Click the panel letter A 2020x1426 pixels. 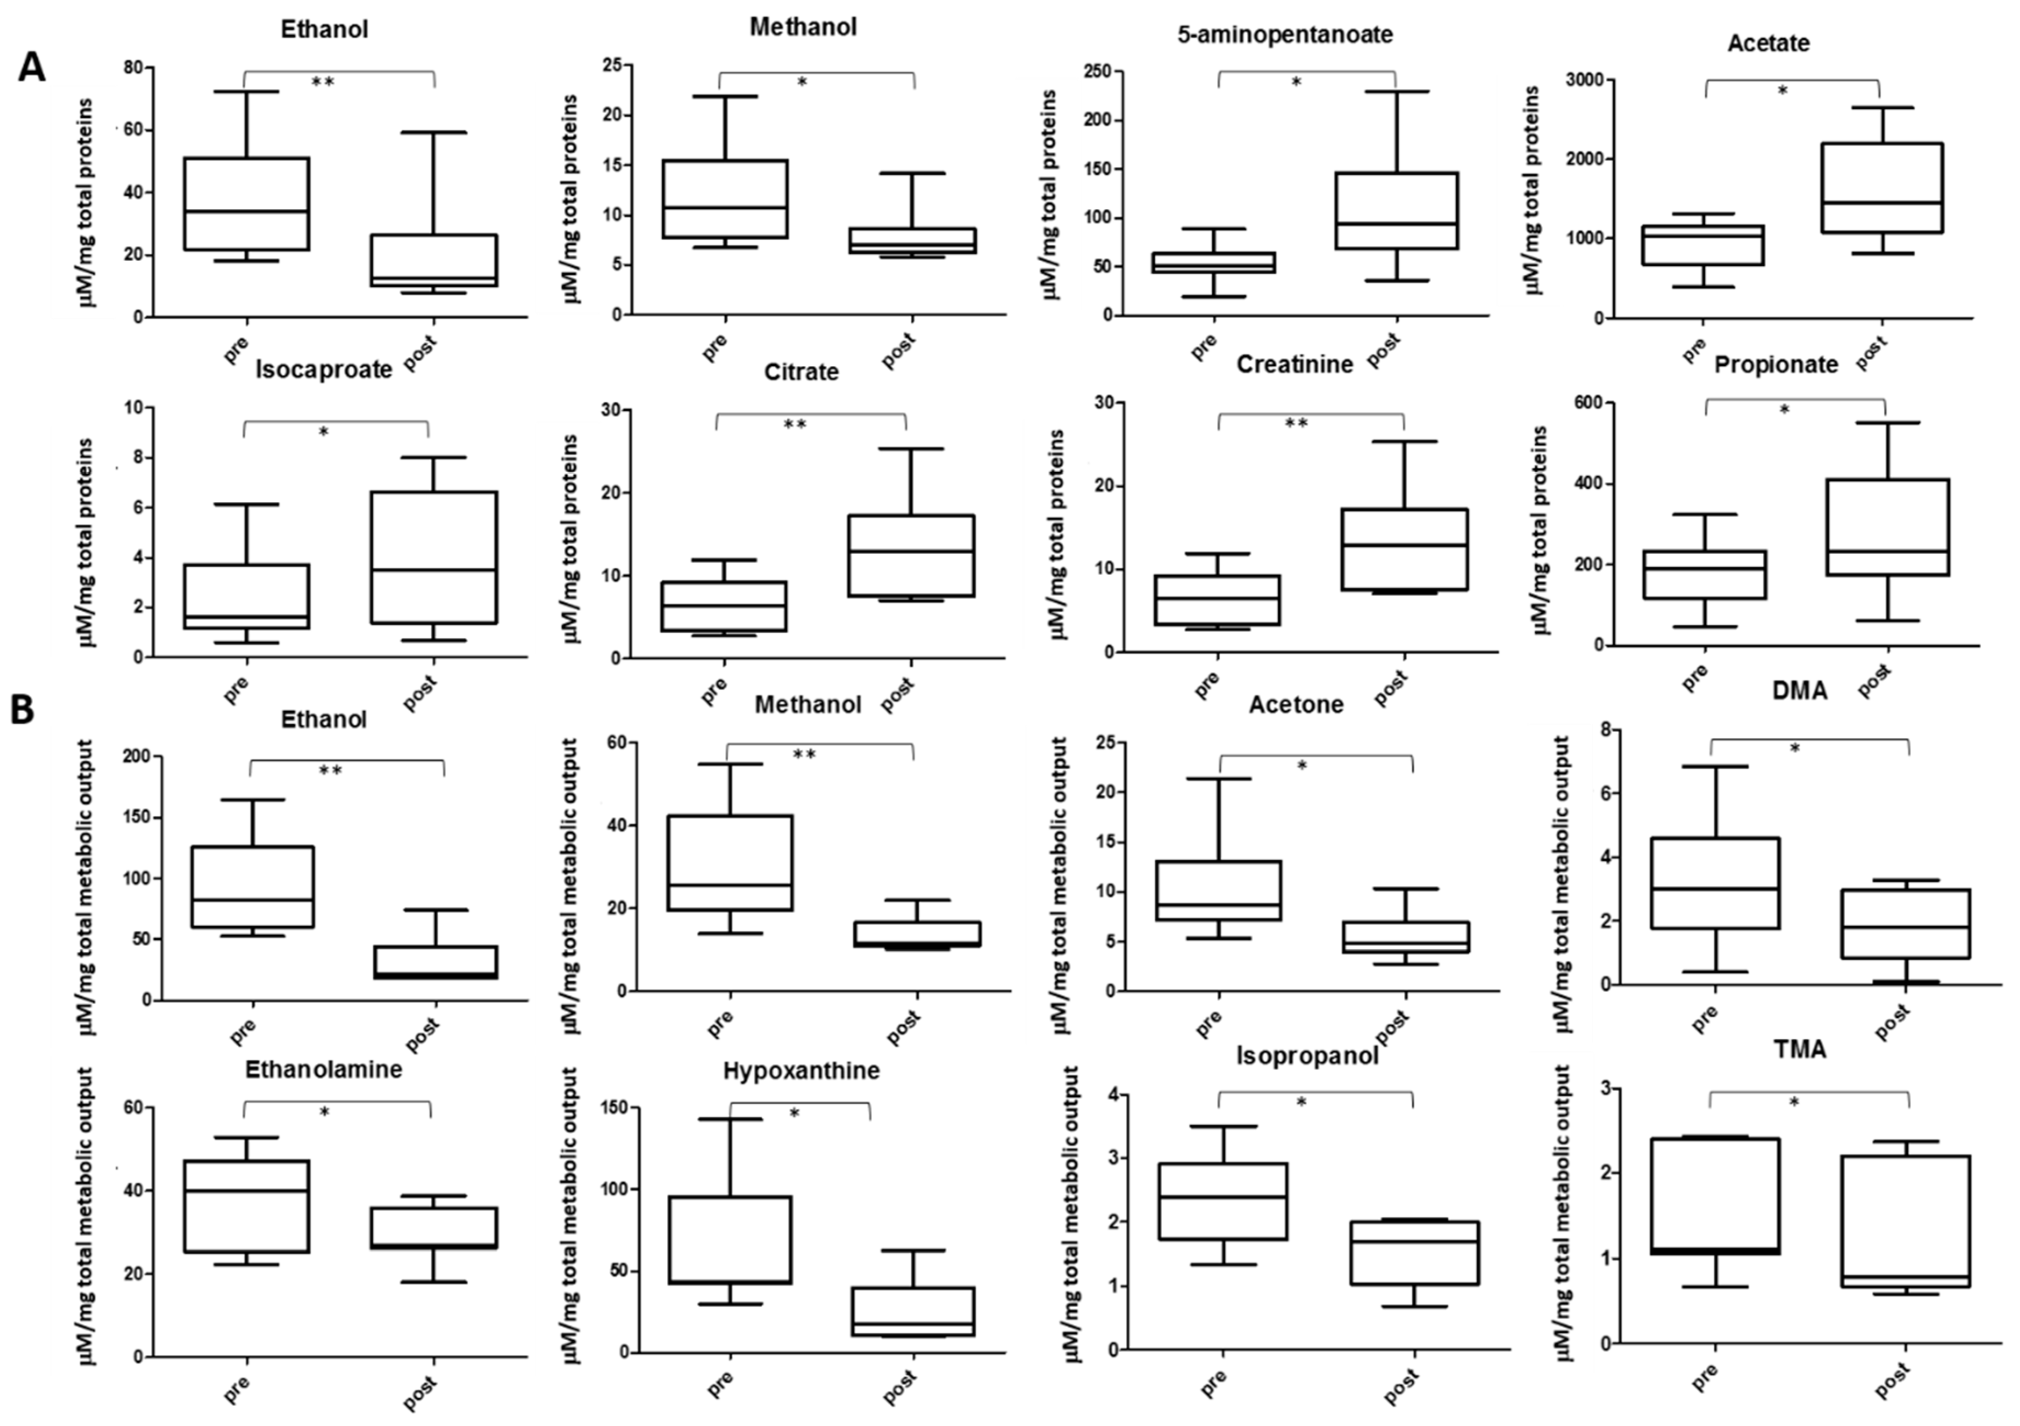[32, 67]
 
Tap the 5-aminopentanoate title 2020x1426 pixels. [1284, 35]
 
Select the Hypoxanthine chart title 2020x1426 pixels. [801, 1071]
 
